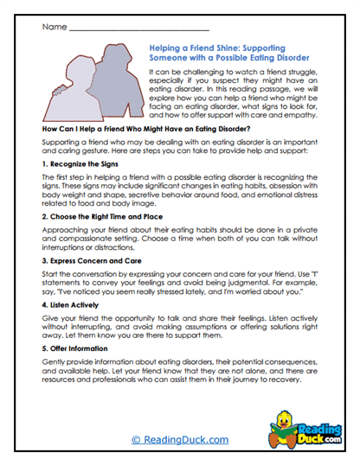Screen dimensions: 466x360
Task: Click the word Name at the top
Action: tap(53, 27)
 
